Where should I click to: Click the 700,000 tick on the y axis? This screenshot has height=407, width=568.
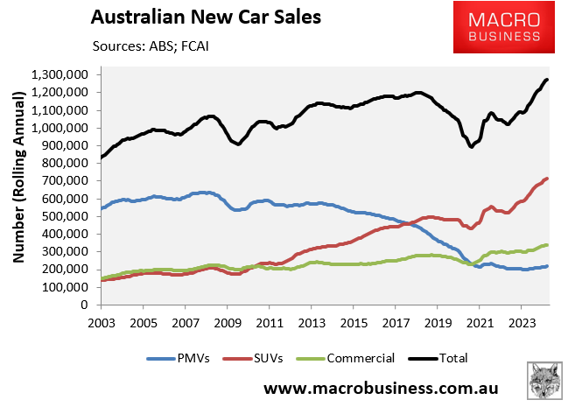[67, 180]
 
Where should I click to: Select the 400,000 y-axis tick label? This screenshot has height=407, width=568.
[67, 234]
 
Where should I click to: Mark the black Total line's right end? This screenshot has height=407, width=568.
[547, 80]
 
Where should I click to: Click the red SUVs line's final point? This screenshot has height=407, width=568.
[547, 179]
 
